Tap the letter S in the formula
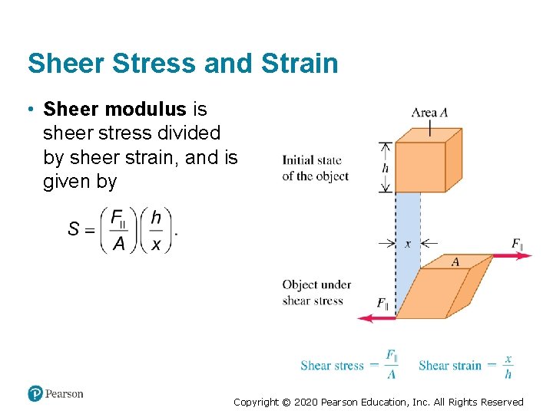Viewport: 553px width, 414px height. [x=75, y=229]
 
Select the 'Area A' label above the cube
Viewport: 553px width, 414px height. [x=430, y=113]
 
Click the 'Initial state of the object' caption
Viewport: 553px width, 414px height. [x=315, y=168]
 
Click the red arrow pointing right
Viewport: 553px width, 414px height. [x=512, y=255]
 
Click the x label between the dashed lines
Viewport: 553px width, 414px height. [x=408, y=243]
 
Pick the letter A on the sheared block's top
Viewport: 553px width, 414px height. [x=455, y=262]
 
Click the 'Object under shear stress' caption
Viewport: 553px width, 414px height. [x=316, y=293]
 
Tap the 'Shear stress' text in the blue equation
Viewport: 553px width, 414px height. [x=332, y=366]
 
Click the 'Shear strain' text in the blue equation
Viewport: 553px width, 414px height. [x=450, y=366]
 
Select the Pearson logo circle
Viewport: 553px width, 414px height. [x=35, y=394]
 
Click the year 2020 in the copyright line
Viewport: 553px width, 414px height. [x=306, y=402]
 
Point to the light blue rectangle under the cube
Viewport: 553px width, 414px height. [x=408, y=222]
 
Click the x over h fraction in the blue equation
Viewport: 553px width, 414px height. [x=508, y=366]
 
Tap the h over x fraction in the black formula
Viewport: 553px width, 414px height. [x=156, y=230]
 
